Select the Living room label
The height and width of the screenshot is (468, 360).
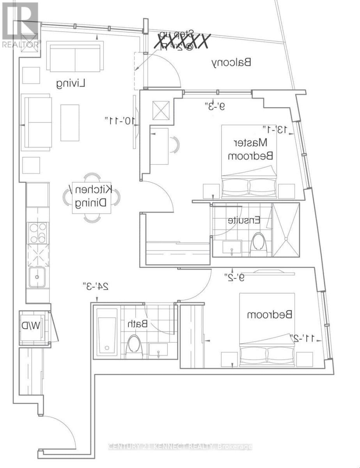(x=71, y=83)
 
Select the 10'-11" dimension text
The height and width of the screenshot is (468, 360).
(x=120, y=119)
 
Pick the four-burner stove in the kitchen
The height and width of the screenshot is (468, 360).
(x=37, y=233)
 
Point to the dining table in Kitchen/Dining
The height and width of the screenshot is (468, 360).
(x=91, y=198)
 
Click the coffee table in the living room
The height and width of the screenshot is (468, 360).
(x=69, y=122)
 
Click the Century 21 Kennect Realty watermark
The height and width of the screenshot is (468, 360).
(x=180, y=447)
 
